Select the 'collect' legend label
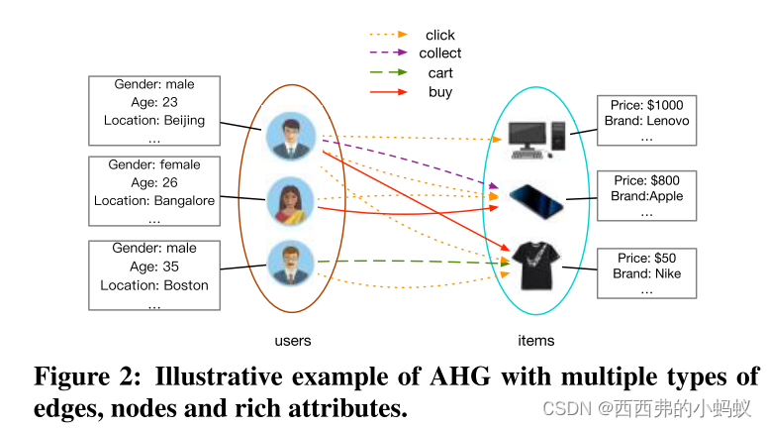click(x=440, y=53)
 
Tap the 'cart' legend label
click(x=440, y=72)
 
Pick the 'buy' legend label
click(x=440, y=92)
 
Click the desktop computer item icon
click(x=535, y=140)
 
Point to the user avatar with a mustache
click(x=292, y=265)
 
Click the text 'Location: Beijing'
click(x=154, y=121)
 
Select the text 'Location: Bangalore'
click(x=154, y=201)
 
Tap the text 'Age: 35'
click(x=154, y=267)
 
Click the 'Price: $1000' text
click(x=647, y=105)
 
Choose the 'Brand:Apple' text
click(x=647, y=196)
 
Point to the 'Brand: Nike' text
click(x=647, y=273)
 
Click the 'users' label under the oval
click(x=293, y=341)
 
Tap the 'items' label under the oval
click(x=536, y=341)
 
